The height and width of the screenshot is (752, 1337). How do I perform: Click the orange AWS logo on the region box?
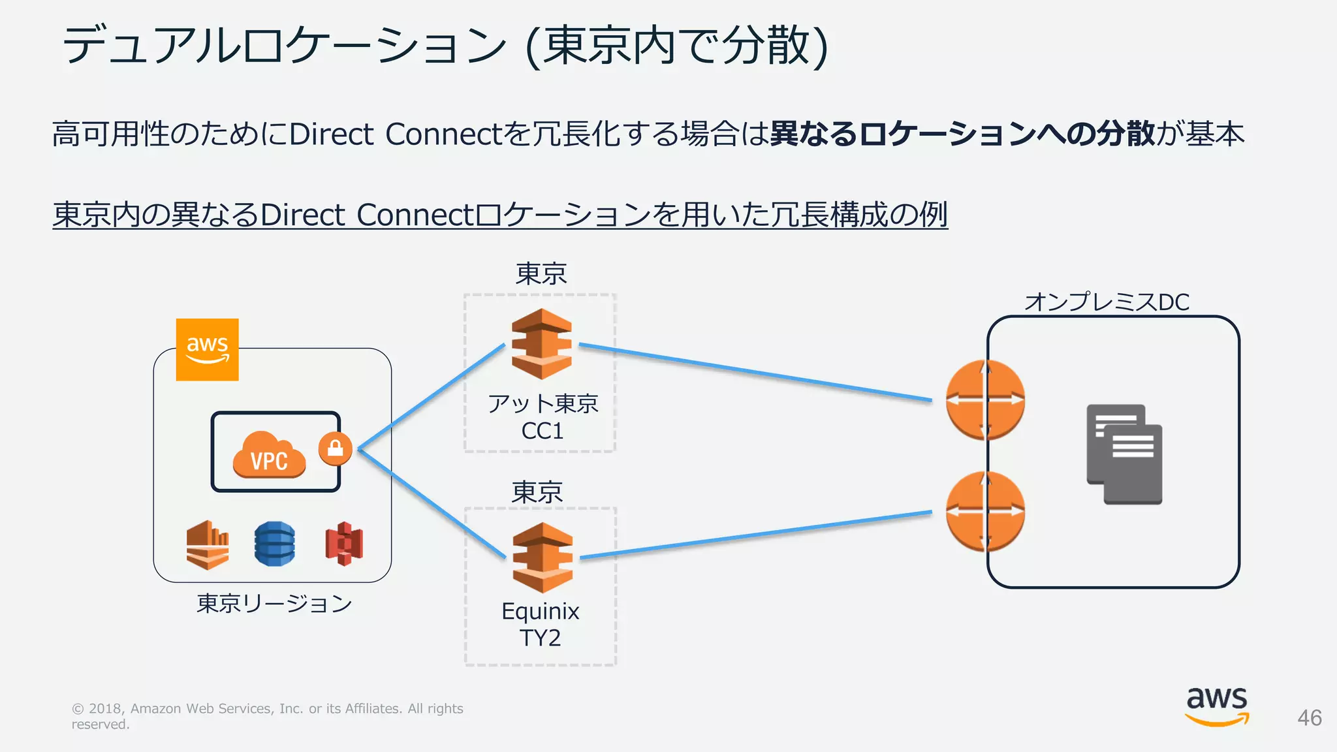tap(207, 349)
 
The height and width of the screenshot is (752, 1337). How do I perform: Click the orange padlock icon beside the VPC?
tap(336, 448)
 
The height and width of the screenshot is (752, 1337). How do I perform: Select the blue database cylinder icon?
tap(274, 543)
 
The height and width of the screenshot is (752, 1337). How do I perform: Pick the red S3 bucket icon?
tap(344, 544)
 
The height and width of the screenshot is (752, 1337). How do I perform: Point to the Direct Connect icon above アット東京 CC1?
tap(541, 344)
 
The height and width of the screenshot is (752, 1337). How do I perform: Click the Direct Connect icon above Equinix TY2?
tap(543, 557)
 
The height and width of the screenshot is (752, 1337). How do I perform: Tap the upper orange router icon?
tap(985, 399)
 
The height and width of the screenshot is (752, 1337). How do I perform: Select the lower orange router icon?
tap(985, 511)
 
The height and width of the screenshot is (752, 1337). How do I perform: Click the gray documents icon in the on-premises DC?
tap(1124, 454)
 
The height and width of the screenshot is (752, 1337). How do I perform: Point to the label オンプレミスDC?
tap(1107, 302)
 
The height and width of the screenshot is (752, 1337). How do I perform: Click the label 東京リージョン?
tap(274, 603)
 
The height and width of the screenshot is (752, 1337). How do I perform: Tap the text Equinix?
tap(541, 612)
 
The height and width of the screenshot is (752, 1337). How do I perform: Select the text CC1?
tap(542, 431)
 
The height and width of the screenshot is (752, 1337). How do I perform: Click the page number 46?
tap(1310, 718)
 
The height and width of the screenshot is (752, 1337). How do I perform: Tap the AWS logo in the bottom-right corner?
tap(1217, 706)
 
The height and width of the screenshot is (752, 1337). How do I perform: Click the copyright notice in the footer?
tap(268, 716)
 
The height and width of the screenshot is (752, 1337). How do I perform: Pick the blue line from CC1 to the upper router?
tap(755, 372)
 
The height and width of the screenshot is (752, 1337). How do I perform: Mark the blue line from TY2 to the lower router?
tap(756, 535)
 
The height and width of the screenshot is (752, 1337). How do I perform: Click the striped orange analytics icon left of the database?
tap(208, 545)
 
